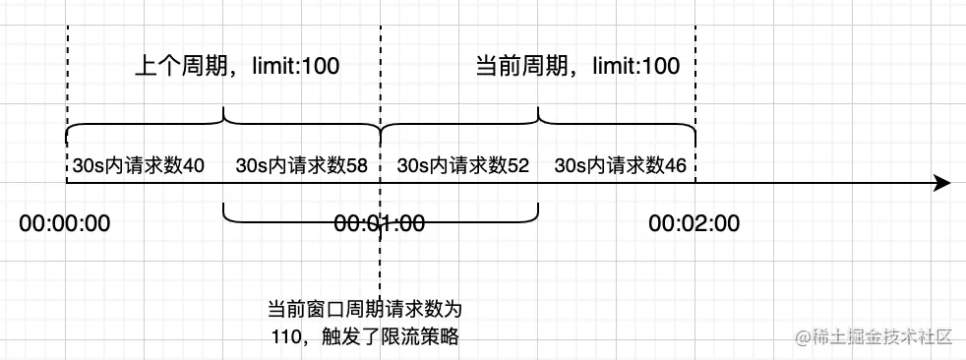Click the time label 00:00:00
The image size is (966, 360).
tap(64, 223)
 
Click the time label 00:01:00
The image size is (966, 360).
tap(379, 223)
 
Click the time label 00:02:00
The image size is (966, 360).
tap(694, 223)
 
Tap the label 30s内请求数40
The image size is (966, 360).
tap(138, 166)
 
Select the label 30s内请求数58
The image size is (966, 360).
tap(302, 166)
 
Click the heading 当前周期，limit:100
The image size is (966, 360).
tap(577, 67)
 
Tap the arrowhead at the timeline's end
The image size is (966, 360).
tap(941, 184)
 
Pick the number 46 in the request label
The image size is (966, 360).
tap(675, 166)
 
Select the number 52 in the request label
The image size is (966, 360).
tap(517, 166)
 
